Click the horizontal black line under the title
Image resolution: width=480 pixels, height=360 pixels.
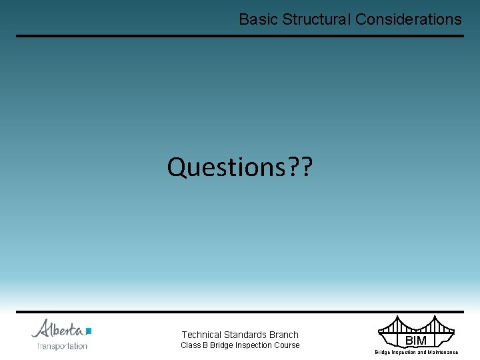click(x=240, y=36)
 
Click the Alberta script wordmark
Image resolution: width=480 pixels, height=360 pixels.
click(x=58, y=329)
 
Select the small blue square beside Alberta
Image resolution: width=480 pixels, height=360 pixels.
click(x=89, y=331)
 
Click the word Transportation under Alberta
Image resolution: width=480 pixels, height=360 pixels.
click(x=62, y=346)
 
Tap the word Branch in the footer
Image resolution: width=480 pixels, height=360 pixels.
click(x=285, y=335)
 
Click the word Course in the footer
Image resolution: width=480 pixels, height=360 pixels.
click(x=287, y=345)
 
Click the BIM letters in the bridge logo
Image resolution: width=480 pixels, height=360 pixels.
click(x=415, y=341)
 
